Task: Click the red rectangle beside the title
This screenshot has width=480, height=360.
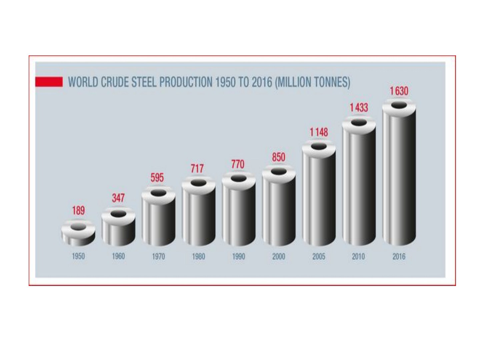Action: point(49,82)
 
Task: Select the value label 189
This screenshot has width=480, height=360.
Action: point(78,211)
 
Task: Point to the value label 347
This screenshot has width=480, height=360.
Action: point(118,198)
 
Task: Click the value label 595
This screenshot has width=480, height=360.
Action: point(157,178)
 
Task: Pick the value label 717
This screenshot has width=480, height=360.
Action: point(197,168)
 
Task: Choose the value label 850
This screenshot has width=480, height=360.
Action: point(279,157)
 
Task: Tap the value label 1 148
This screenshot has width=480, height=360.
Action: point(319,132)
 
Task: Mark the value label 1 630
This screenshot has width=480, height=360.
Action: point(399,91)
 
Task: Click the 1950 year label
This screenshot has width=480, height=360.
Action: point(78,256)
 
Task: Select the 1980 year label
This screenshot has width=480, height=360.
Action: point(198,256)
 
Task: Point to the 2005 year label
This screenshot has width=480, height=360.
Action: point(319,256)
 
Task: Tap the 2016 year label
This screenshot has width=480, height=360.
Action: point(399,256)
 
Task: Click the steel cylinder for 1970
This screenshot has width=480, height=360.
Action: point(158,220)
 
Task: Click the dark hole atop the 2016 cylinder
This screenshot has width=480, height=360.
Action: point(399,105)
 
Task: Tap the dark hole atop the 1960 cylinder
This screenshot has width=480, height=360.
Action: point(118,214)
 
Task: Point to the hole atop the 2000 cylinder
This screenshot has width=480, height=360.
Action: point(279,171)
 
